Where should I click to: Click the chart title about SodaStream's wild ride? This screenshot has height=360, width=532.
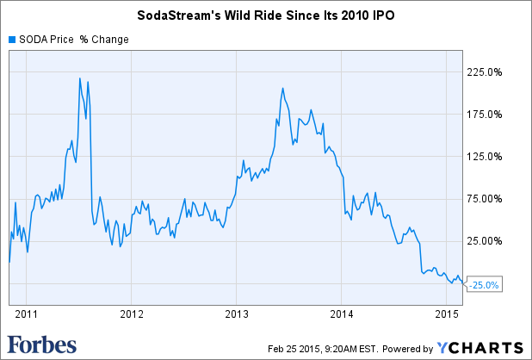click(265, 16)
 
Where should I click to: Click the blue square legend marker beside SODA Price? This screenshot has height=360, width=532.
click(11, 39)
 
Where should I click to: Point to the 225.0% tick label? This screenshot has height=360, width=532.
click(483, 72)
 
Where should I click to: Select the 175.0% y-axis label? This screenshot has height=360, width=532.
click(483, 115)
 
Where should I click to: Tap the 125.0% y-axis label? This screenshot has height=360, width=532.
click(483, 157)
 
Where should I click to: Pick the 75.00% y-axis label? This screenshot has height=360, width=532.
click(483, 199)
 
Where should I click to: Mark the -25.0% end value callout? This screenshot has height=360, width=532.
click(484, 285)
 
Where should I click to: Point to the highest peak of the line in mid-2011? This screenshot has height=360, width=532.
click(80, 78)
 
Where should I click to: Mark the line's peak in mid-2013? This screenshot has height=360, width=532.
click(283, 88)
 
